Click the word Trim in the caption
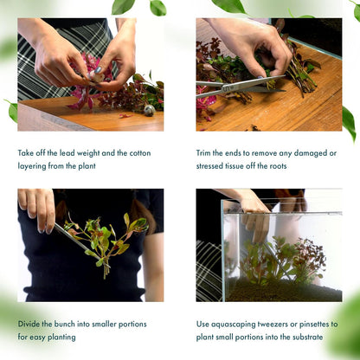(x=205, y=152)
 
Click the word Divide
(x=30, y=324)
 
